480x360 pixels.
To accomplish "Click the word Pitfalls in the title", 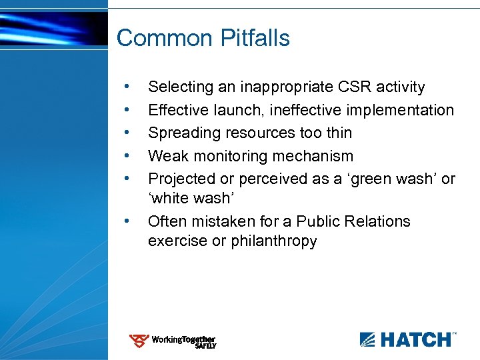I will pos(255,38).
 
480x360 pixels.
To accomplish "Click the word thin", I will pos(337,133).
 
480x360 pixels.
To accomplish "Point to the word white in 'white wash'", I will pos(173,199).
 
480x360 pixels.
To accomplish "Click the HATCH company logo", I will pos(408,339).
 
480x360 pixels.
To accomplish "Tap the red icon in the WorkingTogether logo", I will pos(139,341).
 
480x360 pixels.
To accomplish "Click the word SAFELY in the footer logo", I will pos(205,347).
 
